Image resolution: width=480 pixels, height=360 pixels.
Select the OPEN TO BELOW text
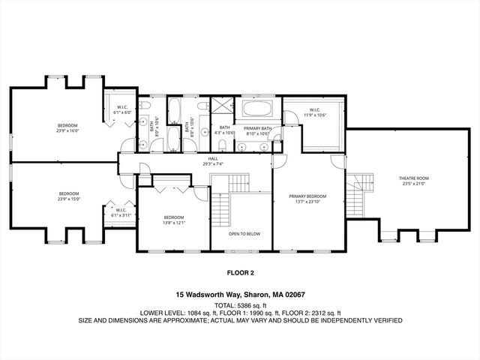pyautogui.click(x=244, y=233)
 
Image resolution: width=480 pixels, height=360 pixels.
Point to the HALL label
pyautogui.click(x=213, y=158)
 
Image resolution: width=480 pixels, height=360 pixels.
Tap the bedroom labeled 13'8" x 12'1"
pyautogui.click(x=173, y=219)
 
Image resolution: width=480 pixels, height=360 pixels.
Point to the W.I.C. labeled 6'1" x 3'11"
pyautogui.click(x=118, y=213)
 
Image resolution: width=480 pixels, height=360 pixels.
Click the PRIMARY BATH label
pyautogui.click(x=256, y=128)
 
